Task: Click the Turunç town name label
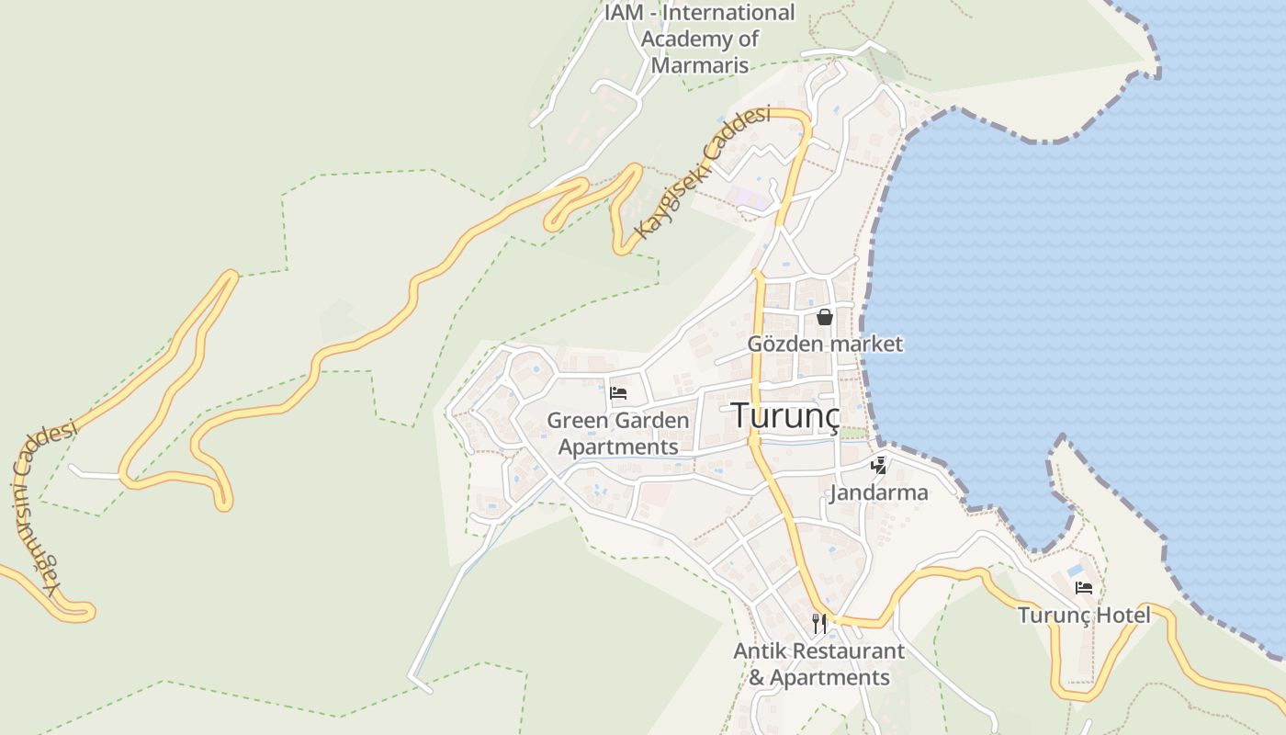[x=785, y=415]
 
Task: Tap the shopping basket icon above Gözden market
[x=825, y=317]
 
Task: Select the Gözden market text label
[x=825, y=345]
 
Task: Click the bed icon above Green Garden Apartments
[x=618, y=394]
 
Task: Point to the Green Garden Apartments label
[x=618, y=434]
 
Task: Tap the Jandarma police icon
[x=879, y=465]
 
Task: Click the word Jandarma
[x=878, y=493]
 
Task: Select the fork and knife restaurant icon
[x=819, y=624]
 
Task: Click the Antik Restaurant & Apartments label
[x=819, y=664]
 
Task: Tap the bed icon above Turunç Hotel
[x=1084, y=587]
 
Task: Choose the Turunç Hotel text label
[x=1084, y=615]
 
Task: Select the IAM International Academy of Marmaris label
[x=700, y=40]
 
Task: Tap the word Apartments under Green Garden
[x=618, y=447]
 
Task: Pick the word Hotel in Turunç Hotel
[x=1122, y=615]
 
